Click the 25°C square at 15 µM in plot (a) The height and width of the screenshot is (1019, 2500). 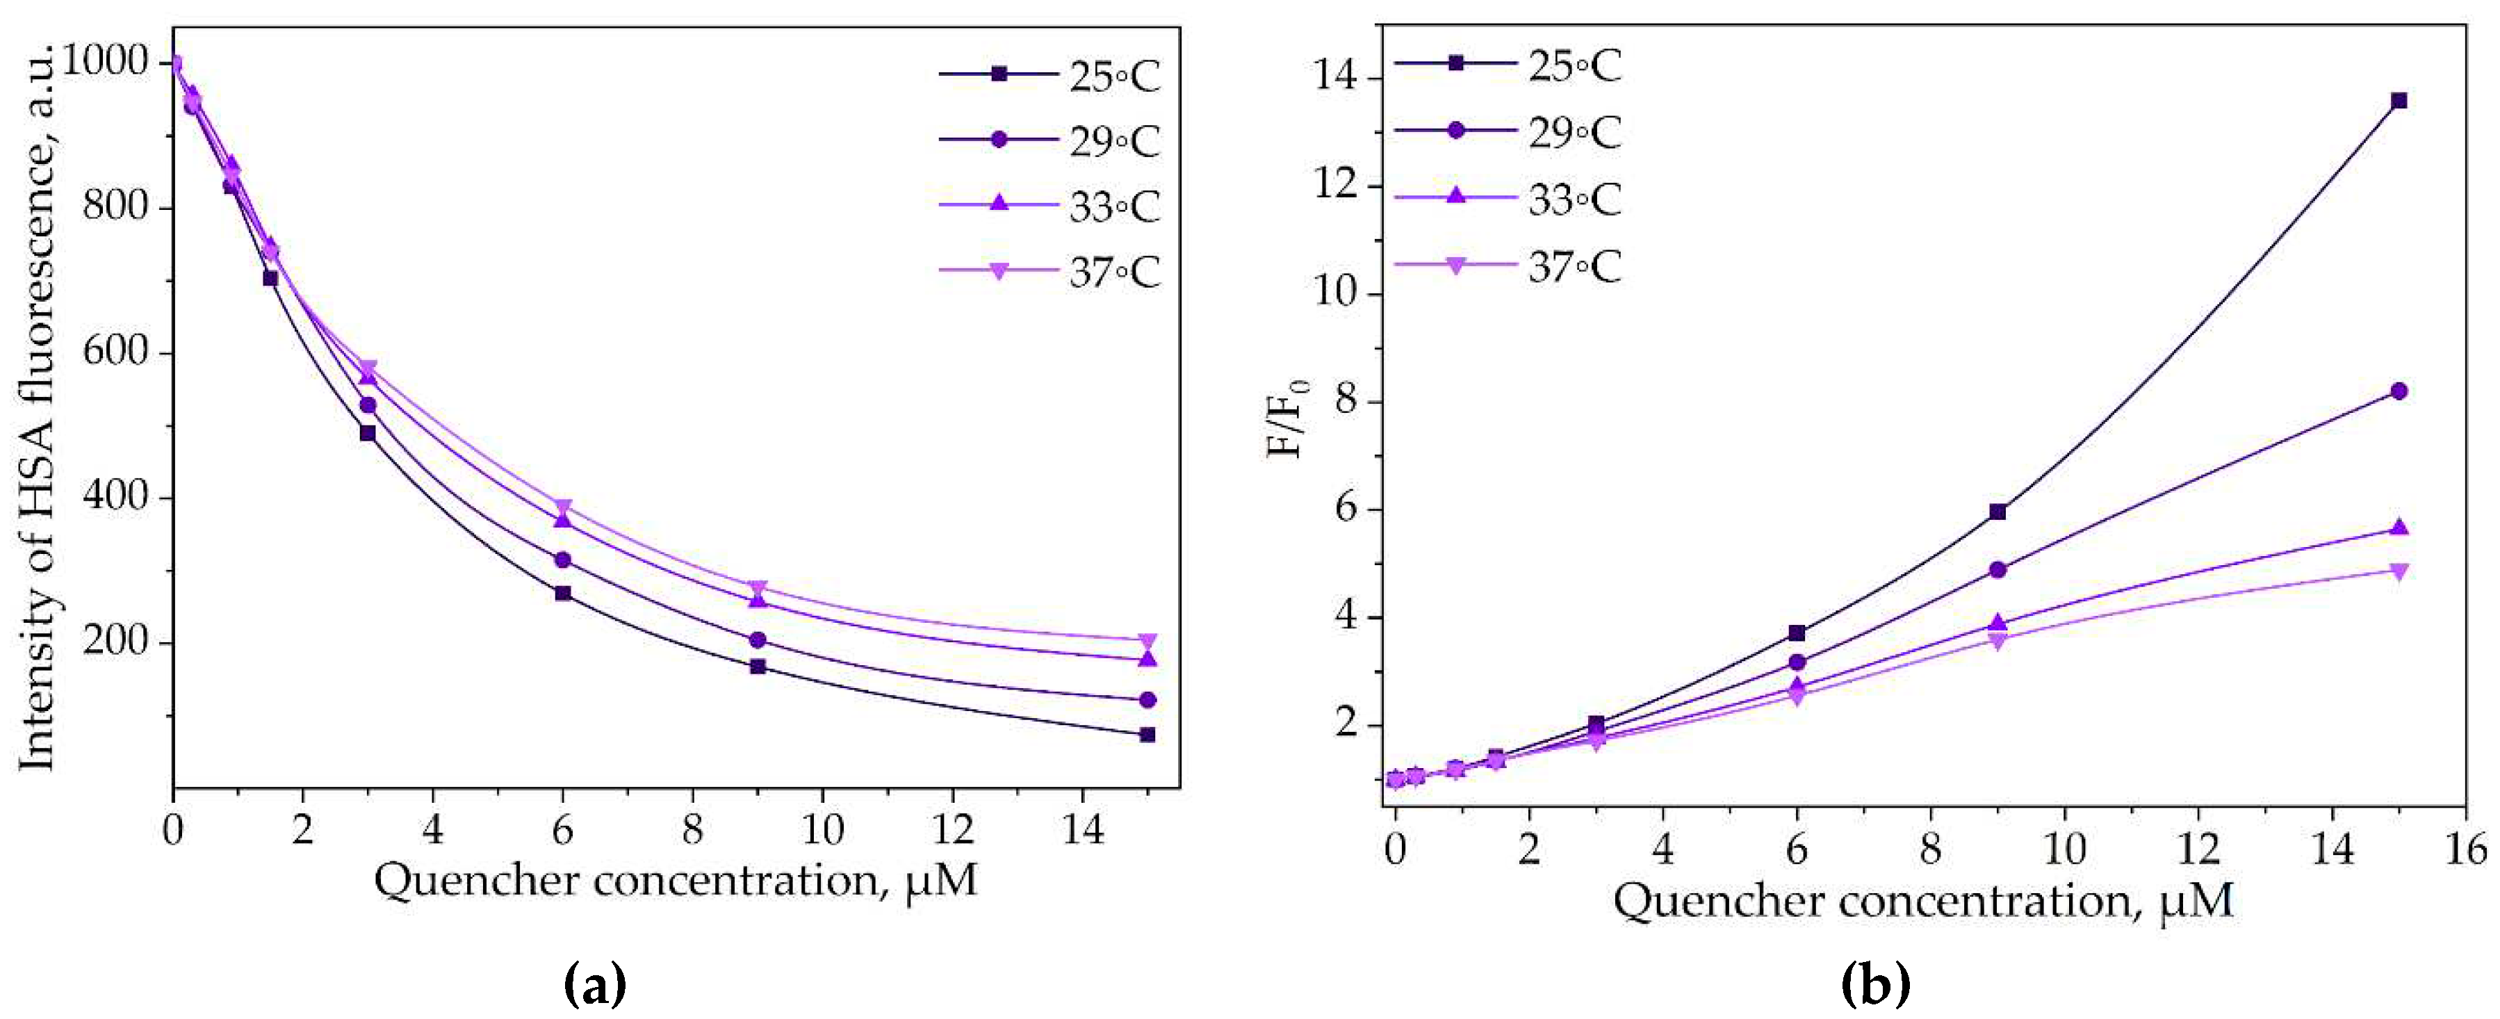point(1147,735)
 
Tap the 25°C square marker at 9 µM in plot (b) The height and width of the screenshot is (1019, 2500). point(1997,512)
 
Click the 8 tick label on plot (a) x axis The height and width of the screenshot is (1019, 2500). point(692,830)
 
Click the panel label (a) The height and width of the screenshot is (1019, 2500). point(595,985)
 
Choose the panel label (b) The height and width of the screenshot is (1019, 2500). point(1875,985)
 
